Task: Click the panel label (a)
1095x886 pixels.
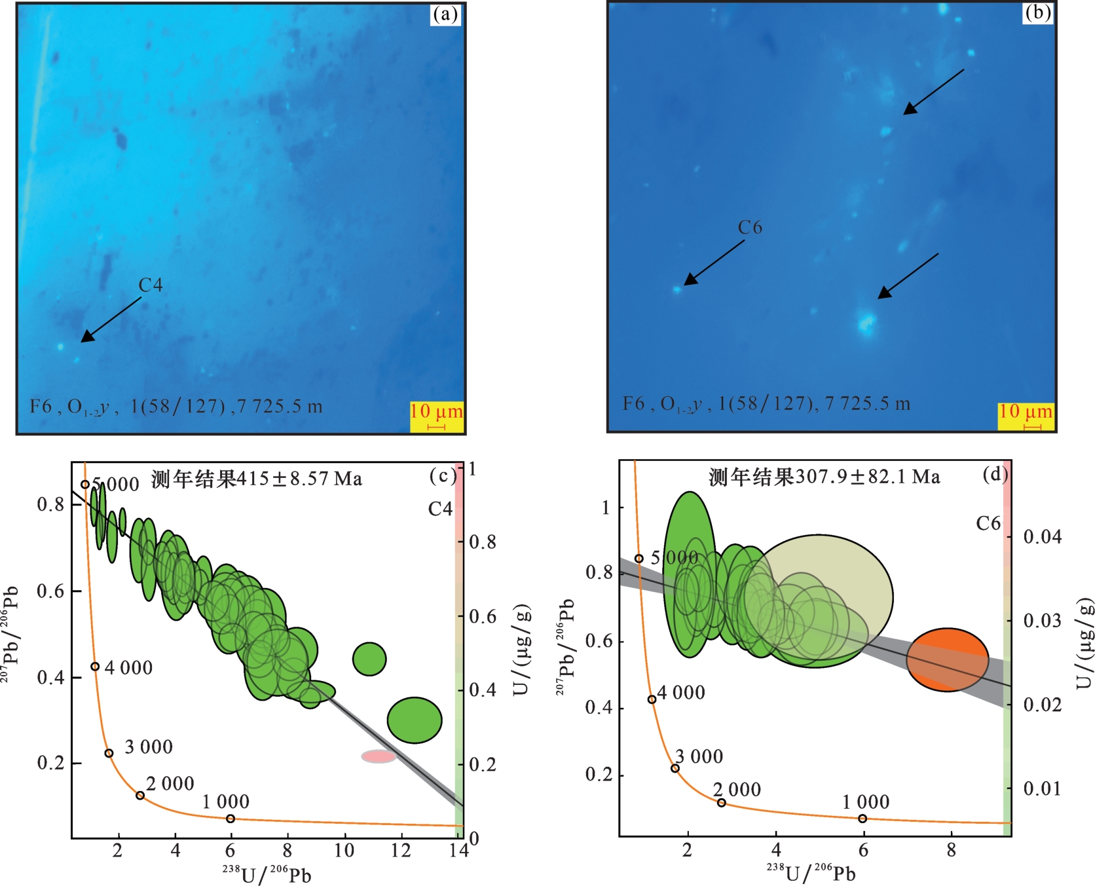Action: [x=445, y=14]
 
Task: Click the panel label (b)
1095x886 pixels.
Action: [x=1038, y=12]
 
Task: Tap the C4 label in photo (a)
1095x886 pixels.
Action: [x=150, y=285]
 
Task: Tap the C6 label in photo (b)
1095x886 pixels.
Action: [x=750, y=227]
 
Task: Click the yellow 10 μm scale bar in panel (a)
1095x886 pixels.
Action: [x=437, y=416]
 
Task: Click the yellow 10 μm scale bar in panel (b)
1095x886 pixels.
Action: [x=1026, y=416]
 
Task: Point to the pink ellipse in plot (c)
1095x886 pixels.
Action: [x=379, y=756]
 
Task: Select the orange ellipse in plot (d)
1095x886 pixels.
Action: [x=947, y=659]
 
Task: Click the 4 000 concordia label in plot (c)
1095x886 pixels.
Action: [x=128, y=668]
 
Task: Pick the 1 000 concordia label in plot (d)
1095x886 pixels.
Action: [x=866, y=802]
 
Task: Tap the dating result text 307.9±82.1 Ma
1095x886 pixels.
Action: [x=824, y=477]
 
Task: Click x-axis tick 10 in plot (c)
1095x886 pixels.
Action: [x=344, y=851]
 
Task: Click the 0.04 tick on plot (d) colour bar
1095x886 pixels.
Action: [x=1042, y=537]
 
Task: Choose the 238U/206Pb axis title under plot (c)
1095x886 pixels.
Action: [x=266, y=874]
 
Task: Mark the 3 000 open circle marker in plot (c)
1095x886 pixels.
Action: [x=109, y=753]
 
